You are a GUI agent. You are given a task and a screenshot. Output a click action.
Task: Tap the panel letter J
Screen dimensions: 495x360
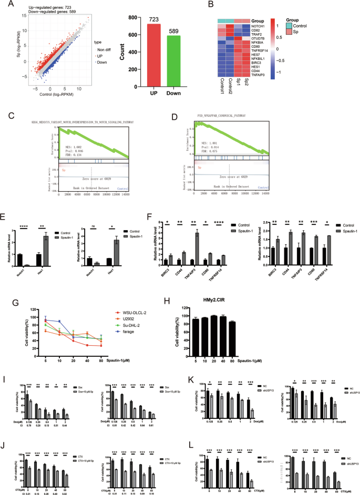click(x=6, y=423)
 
